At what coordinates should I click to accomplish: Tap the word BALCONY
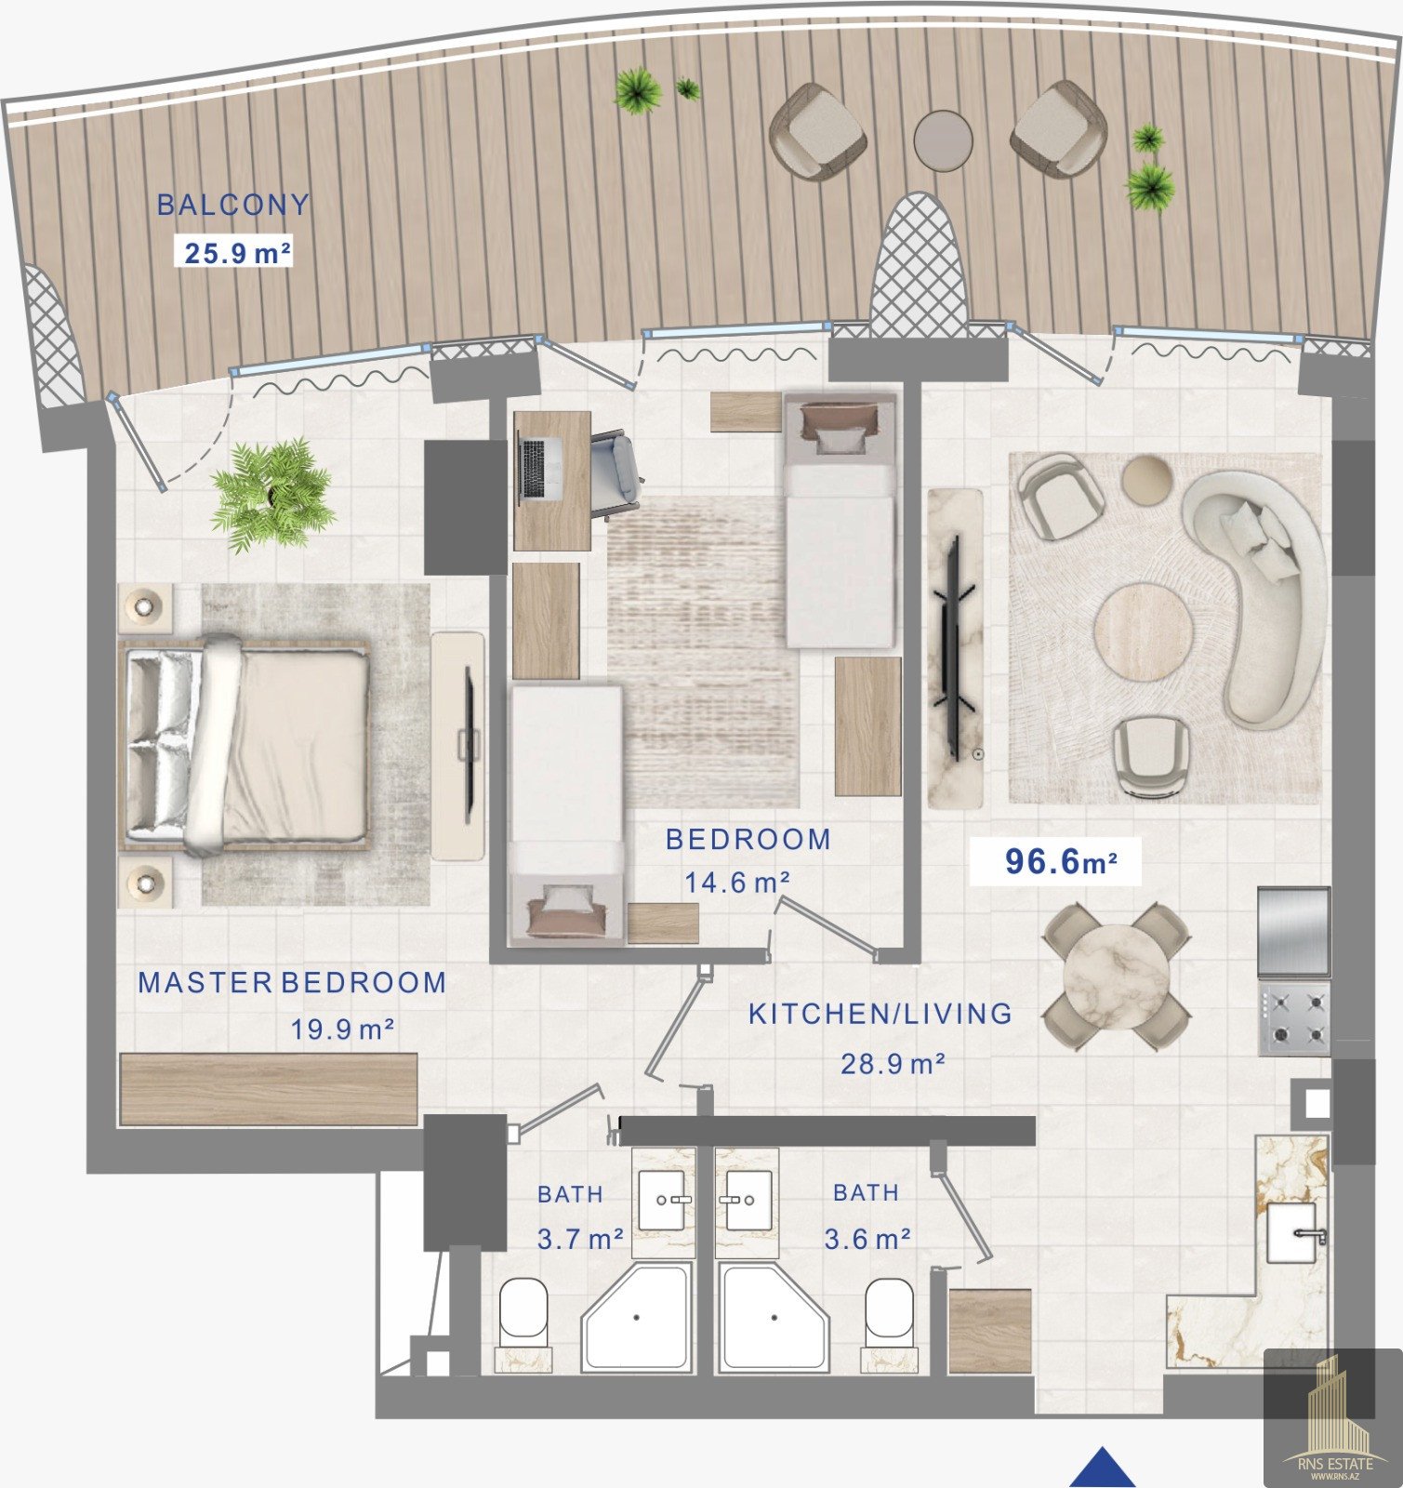coord(232,205)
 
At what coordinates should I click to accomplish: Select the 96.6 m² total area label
coord(1060,861)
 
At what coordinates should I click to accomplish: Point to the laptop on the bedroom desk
coord(535,468)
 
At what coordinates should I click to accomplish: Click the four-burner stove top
coord(1294,1017)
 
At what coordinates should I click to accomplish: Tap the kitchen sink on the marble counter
coord(1300,1232)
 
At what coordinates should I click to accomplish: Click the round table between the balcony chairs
coord(943,140)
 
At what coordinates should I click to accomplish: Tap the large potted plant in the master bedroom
coord(271,494)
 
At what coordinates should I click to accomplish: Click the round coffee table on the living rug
coord(1143,632)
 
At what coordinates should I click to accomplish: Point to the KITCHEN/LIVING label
coord(880,1014)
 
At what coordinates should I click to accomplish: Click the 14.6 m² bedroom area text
coord(738,882)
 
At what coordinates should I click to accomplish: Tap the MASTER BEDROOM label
coord(292,983)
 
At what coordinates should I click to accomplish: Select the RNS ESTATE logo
coord(1334,1418)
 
